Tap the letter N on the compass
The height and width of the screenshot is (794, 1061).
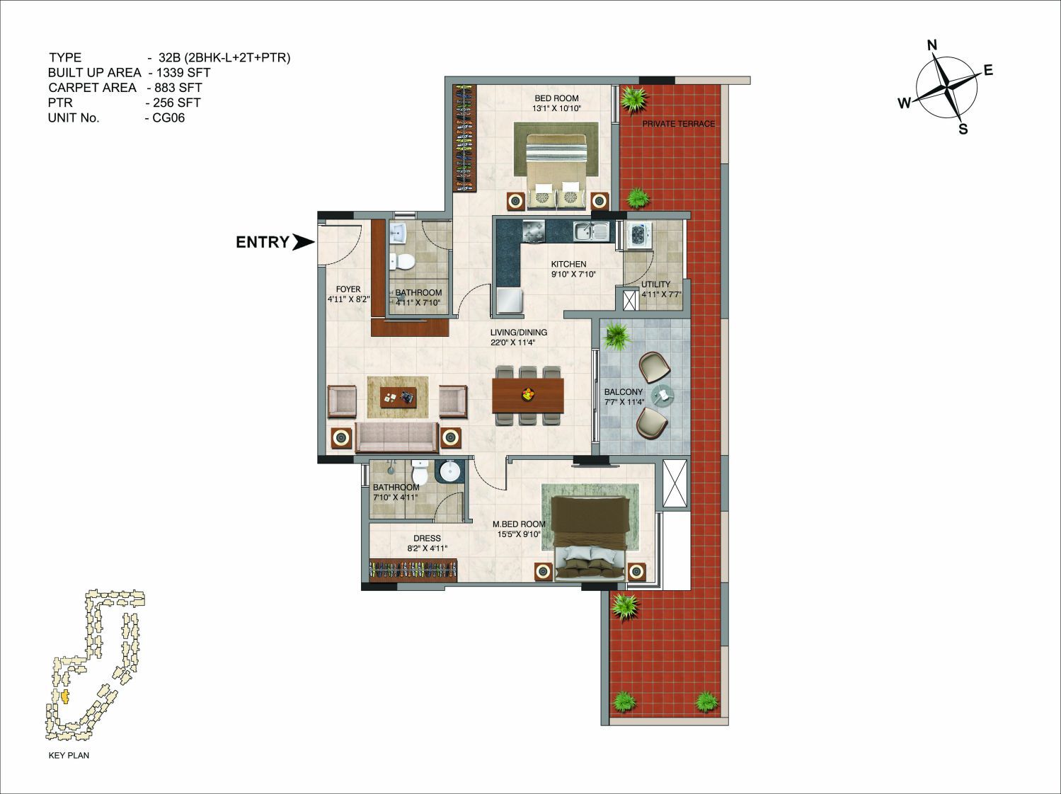[932, 45]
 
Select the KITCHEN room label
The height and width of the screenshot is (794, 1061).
[568, 265]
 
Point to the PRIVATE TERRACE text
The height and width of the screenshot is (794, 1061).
[678, 125]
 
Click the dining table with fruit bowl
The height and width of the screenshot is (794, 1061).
[528, 396]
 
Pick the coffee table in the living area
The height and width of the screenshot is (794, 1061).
[398, 397]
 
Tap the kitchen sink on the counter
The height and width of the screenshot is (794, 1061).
[592, 231]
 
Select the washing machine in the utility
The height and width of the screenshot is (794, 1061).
[639, 236]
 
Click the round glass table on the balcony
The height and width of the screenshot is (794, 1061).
[663, 395]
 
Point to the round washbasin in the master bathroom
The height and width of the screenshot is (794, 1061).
[450, 471]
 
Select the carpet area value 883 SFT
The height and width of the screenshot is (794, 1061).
[178, 88]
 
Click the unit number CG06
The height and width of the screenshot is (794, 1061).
[168, 118]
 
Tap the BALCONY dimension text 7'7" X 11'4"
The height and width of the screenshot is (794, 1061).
[624, 402]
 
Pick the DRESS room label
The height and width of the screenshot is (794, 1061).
[427, 539]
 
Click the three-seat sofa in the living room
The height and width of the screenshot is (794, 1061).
[397, 437]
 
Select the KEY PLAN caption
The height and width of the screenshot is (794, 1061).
[69, 755]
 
